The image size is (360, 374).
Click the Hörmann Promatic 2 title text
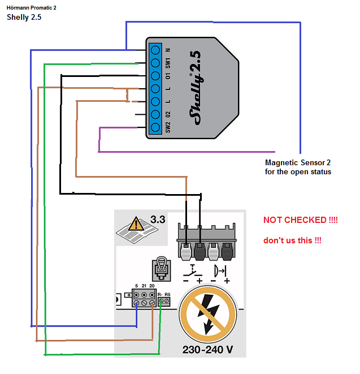(31, 7)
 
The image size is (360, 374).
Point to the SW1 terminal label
(168, 63)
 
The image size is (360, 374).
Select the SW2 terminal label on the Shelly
(168, 127)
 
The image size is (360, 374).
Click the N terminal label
(168, 50)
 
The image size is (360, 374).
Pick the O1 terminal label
(168, 76)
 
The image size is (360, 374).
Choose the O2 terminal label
(168, 114)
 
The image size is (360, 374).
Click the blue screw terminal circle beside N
(155, 50)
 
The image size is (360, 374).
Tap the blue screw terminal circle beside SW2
(155, 127)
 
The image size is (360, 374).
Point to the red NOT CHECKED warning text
(301, 220)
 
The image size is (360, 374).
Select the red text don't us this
(292, 240)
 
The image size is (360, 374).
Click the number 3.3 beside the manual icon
(158, 220)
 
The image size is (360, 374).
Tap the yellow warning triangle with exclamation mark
(136, 223)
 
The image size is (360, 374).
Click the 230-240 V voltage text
(207, 350)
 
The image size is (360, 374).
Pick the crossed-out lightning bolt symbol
(208, 315)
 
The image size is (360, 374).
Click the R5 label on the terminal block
(167, 295)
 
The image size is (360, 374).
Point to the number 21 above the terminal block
(144, 286)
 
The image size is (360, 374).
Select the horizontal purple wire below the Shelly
(187, 152)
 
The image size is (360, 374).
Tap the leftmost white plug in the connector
(186, 252)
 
